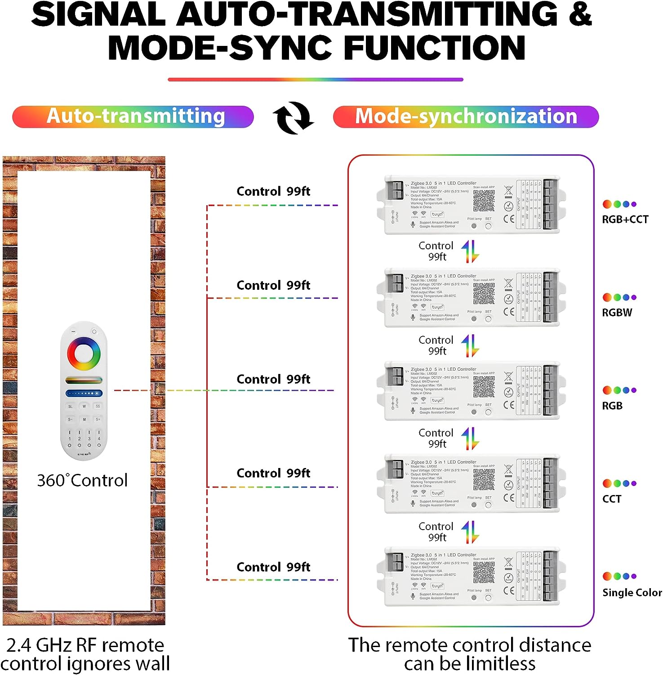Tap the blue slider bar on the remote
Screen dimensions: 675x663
[84, 393]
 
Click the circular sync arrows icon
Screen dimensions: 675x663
[294, 118]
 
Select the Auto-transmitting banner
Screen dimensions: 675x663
[133, 117]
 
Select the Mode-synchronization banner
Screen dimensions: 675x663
[466, 117]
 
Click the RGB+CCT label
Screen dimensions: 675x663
[625, 220]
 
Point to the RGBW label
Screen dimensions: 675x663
[617, 313]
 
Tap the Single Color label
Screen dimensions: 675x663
[632, 593]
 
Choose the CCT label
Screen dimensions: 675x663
[611, 499]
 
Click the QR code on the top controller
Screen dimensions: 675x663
[484, 201]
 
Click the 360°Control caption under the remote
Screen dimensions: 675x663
[82, 481]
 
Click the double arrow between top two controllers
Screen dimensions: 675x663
[470, 252]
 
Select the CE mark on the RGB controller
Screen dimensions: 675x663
[509, 405]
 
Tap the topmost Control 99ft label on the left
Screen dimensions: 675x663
[273, 192]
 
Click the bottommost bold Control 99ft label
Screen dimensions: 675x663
[273, 567]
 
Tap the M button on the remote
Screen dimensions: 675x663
[84, 419]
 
